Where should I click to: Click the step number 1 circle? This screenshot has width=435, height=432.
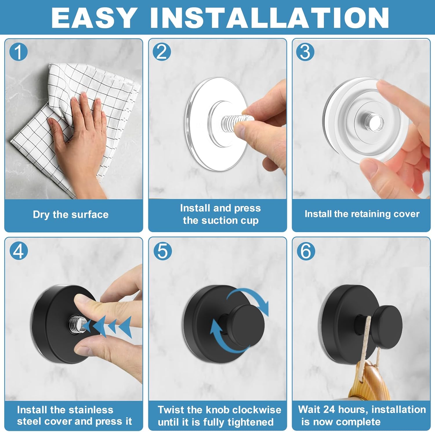pos(18,52)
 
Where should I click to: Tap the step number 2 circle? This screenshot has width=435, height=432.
pos(162,52)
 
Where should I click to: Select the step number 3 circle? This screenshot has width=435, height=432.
pos(305,52)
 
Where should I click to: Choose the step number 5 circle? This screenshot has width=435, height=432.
pos(162,251)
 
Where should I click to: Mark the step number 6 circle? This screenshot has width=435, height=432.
pos(306,251)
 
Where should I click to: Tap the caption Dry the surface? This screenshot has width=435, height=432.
pos(70,215)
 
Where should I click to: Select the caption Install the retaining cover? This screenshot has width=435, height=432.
pos(362,214)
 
